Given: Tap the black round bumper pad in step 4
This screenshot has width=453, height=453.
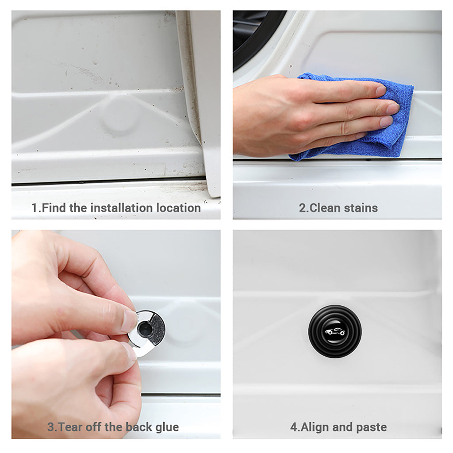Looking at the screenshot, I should tap(334, 331).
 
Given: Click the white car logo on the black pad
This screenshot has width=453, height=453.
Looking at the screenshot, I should tap(334, 332).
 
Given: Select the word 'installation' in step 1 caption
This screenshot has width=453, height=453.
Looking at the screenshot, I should tap(120, 207).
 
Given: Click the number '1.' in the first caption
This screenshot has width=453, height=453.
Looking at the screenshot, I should tap(36, 207).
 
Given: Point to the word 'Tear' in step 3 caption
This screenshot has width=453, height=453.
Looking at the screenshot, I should tap(71, 427).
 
